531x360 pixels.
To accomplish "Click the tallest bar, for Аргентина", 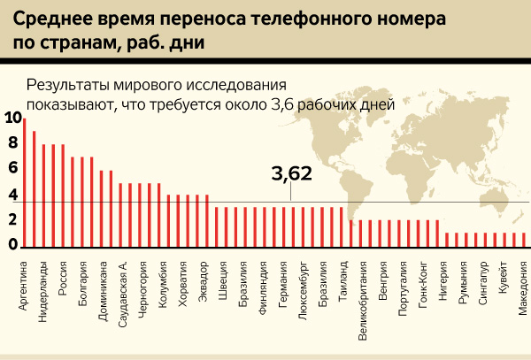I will [x=24, y=182].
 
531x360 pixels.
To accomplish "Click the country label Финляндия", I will [x=263, y=284].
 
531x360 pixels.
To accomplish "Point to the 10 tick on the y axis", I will [x=10, y=118].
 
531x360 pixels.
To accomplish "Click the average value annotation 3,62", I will [x=291, y=174].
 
